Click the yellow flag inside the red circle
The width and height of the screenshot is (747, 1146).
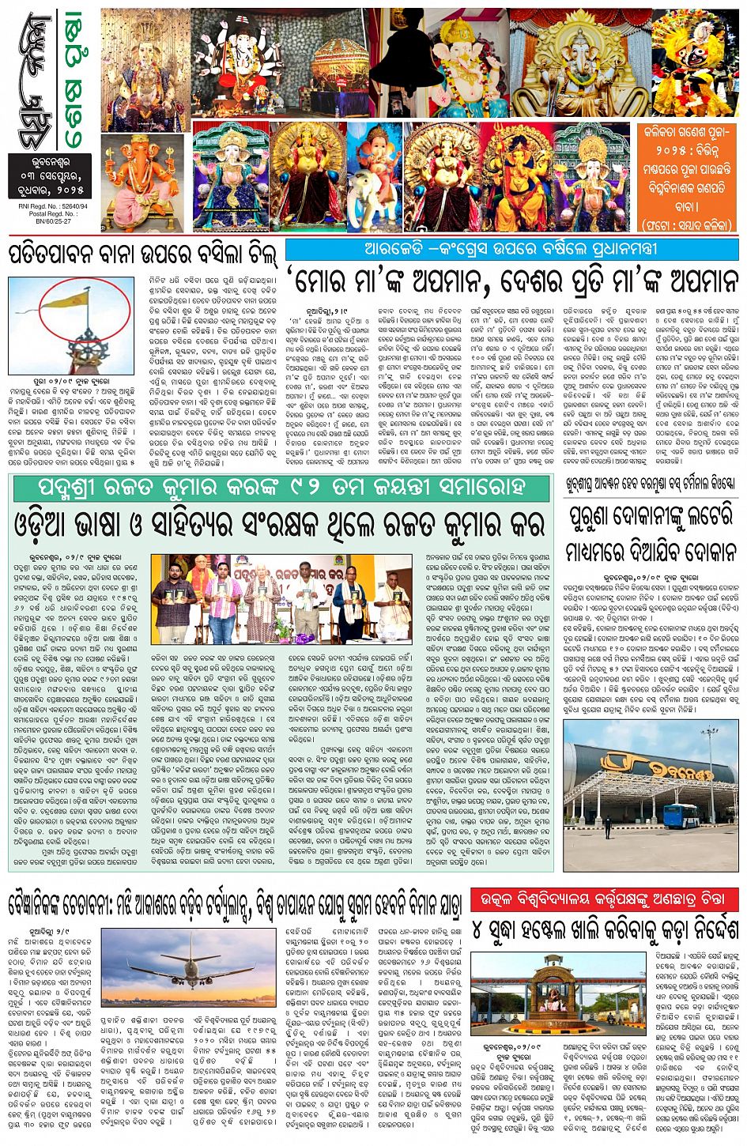[77, 300]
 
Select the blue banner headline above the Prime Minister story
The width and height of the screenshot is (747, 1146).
[511, 248]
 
